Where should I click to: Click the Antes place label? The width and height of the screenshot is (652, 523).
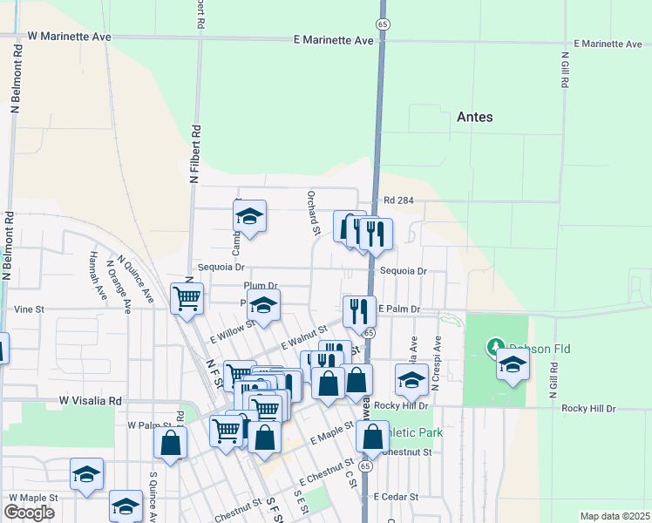(x=474, y=117)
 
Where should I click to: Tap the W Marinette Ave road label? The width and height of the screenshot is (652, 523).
(x=70, y=37)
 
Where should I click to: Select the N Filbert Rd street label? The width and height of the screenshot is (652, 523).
(x=196, y=153)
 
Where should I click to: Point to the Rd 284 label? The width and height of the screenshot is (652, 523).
(x=398, y=200)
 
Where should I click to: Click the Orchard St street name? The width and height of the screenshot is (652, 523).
(x=314, y=214)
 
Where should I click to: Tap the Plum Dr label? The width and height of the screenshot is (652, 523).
(x=261, y=285)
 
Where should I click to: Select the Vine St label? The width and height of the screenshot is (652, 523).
(x=29, y=309)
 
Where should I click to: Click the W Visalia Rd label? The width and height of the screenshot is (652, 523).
(x=91, y=401)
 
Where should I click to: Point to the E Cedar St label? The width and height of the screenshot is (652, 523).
(x=397, y=497)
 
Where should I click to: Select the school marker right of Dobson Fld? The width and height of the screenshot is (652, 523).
(x=513, y=363)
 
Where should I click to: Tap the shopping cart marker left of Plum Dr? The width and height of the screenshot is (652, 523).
(x=187, y=297)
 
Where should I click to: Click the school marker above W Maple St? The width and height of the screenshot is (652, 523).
(x=87, y=473)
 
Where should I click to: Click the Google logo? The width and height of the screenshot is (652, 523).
(x=29, y=513)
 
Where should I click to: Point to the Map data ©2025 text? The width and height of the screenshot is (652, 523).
(x=615, y=516)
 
